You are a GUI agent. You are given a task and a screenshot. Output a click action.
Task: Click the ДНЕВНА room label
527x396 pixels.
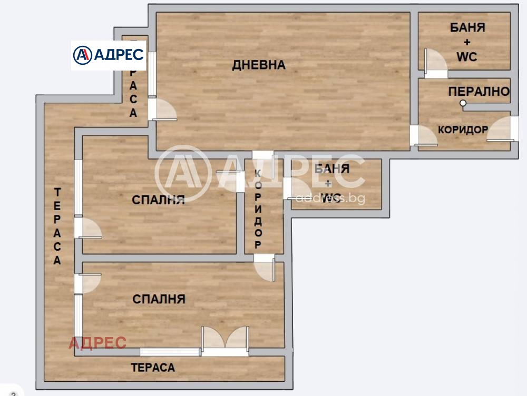click(x=259, y=65)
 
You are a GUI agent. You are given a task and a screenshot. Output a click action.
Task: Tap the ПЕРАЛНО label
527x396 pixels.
click(x=479, y=92)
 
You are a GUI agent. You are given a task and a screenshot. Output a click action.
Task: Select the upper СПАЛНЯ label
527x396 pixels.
click(x=158, y=200)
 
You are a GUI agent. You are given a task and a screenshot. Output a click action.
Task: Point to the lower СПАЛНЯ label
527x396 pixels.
click(x=159, y=299)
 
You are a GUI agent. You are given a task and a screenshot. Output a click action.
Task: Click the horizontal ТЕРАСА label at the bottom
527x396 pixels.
click(x=153, y=368)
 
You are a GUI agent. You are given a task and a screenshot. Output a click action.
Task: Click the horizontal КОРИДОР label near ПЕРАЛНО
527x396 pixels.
click(x=463, y=130)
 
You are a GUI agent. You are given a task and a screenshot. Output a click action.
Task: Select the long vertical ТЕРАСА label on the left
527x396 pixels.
click(x=57, y=226)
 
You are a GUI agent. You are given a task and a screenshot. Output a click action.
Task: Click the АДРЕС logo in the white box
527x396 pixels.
click(x=109, y=54)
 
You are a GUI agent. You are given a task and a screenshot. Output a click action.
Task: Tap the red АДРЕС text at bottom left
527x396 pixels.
click(x=97, y=343)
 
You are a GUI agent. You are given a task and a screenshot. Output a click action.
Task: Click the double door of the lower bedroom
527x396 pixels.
click(x=225, y=340)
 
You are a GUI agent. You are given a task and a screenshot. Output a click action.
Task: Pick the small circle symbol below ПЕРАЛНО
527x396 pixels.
click(x=463, y=103)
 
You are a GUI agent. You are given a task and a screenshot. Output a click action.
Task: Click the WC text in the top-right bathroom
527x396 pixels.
click(x=466, y=57)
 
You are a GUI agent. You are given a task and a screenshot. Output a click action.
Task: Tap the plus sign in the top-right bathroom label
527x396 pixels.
click(x=467, y=42)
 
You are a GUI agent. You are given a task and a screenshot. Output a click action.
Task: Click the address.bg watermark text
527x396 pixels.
click(x=330, y=199)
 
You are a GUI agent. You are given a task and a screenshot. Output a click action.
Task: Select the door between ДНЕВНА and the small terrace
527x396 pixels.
click(x=161, y=110)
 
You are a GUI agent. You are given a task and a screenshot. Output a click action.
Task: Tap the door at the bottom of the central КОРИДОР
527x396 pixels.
click(x=264, y=269)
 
